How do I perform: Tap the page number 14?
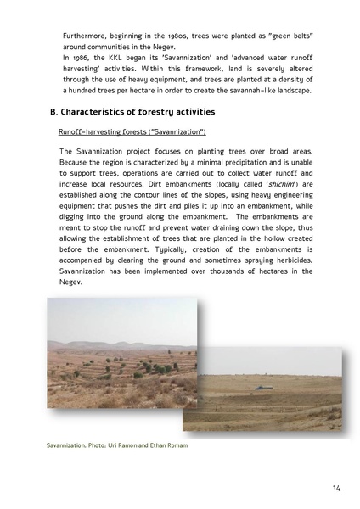337,490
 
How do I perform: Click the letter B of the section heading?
53,112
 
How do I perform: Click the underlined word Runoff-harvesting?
93,133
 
